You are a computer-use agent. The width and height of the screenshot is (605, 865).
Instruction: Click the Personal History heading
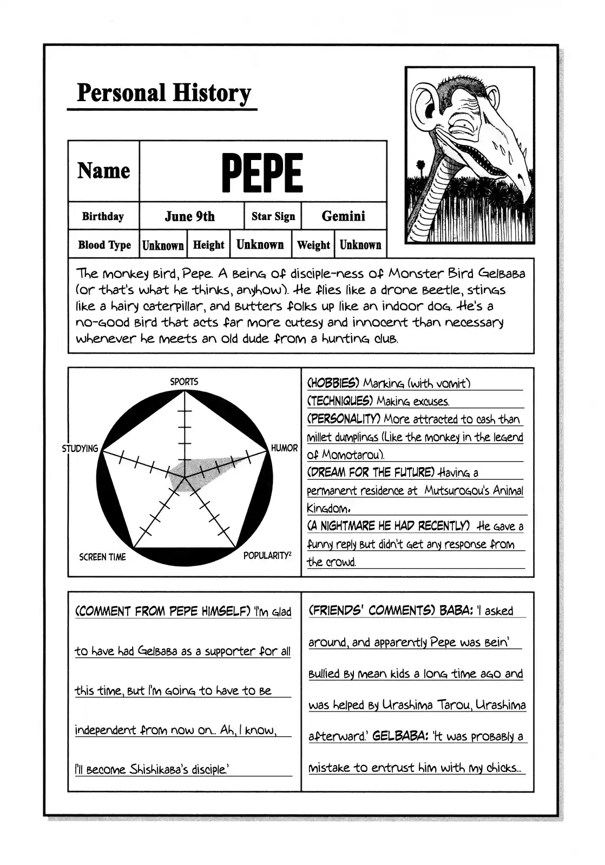pos(163,93)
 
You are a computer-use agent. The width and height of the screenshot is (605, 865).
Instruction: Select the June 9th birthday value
pos(189,216)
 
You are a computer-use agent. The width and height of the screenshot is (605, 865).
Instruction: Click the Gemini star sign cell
pos(343,216)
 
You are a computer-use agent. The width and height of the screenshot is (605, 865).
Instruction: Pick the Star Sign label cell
pos(273,217)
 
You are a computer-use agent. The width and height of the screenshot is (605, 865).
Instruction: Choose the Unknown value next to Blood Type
pos(163,245)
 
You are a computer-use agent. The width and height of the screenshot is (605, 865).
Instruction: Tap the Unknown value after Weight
pos(360,245)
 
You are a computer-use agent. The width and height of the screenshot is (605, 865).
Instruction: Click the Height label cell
pos(208,245)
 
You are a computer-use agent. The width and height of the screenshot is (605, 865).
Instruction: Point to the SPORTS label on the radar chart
pos(184,382)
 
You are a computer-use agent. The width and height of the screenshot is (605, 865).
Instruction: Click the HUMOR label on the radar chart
pos(284,448)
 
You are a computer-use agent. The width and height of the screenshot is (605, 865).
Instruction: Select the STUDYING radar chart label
pos(80,449)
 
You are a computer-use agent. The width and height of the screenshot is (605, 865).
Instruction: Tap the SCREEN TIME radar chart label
pos(102,557)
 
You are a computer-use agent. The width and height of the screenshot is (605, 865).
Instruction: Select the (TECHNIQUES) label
pos(340,401)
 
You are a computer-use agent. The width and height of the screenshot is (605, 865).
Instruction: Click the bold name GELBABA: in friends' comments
pos(400,736)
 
